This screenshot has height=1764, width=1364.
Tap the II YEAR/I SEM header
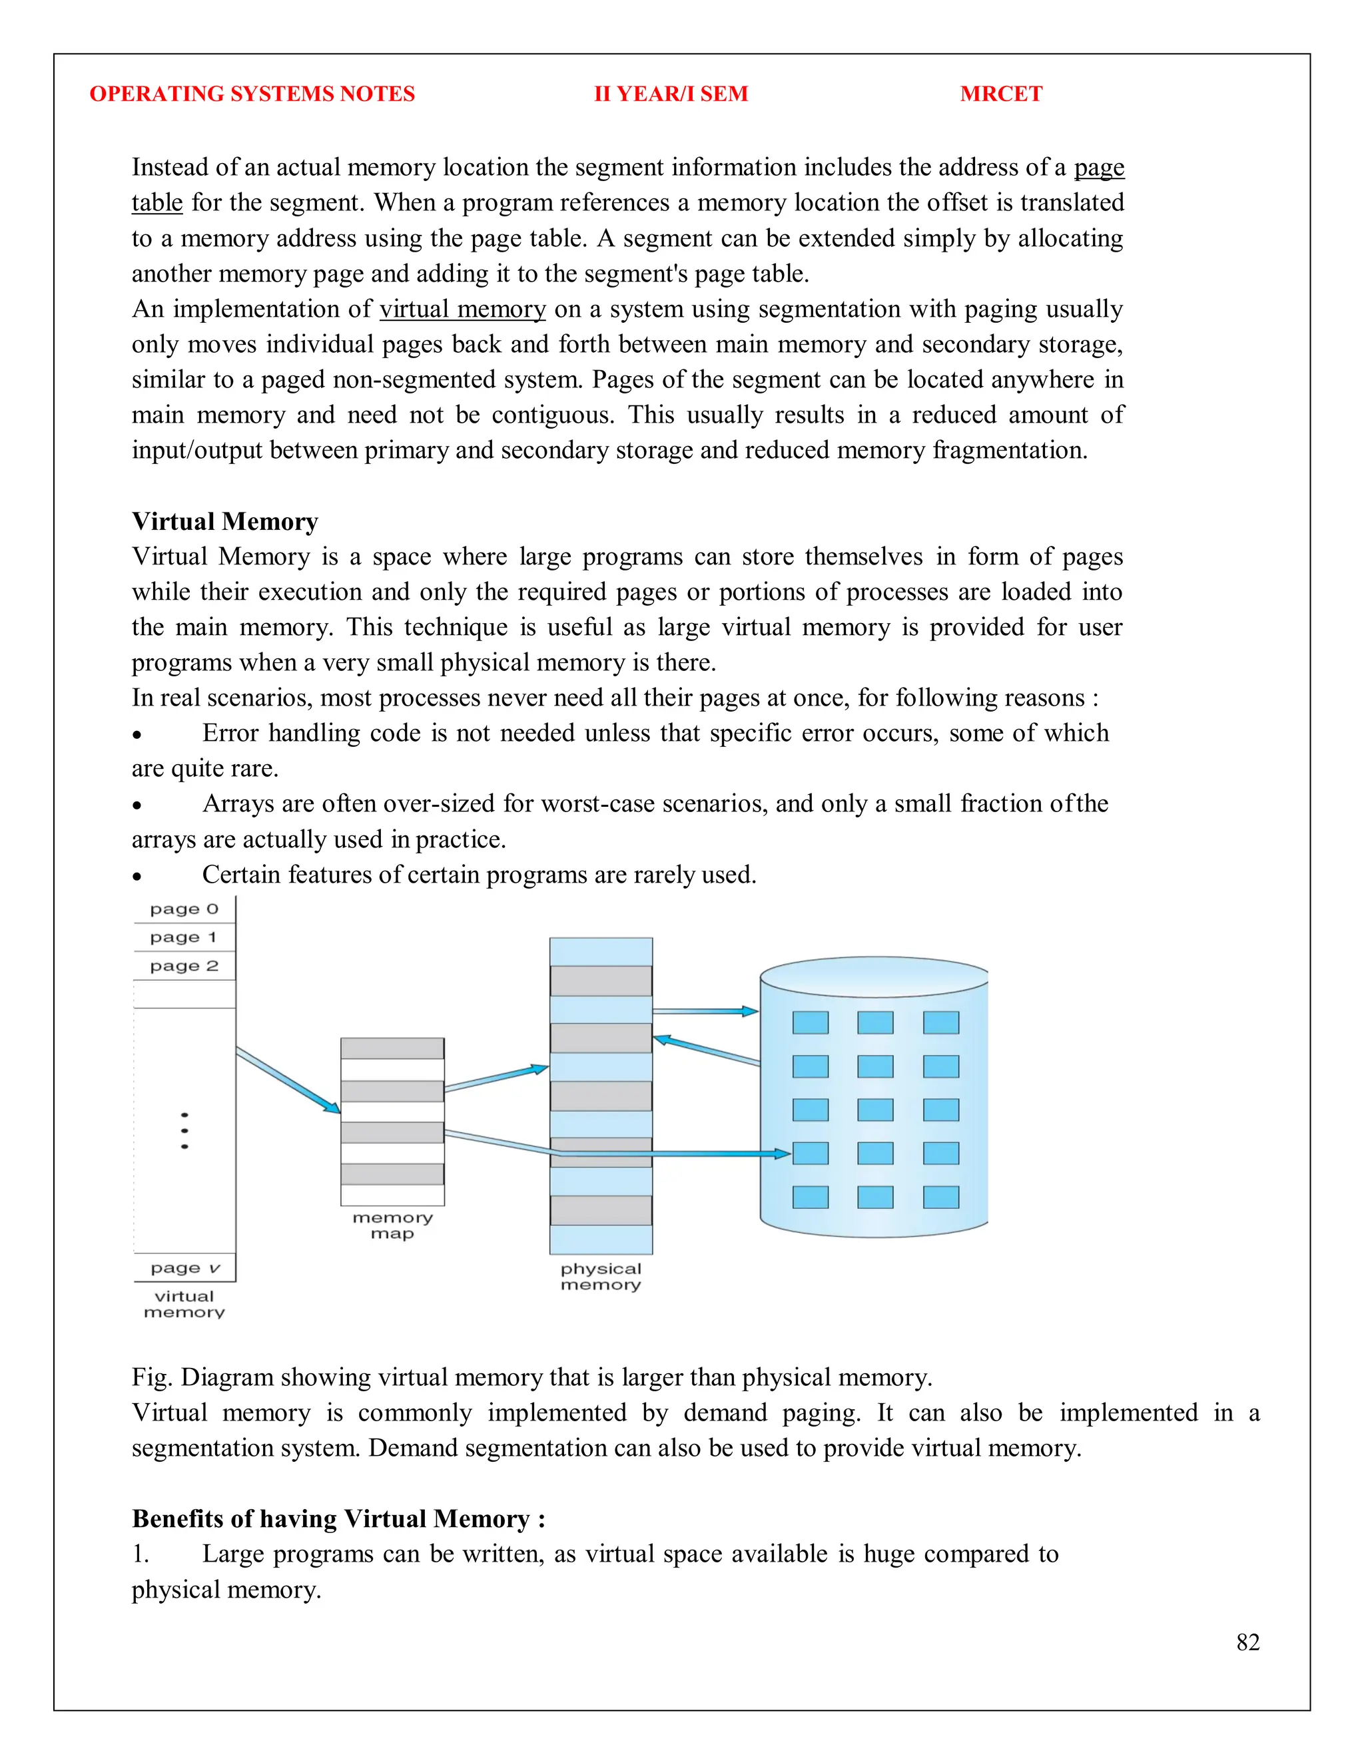671,94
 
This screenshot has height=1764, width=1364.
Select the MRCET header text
1000,94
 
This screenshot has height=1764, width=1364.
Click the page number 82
1247,1642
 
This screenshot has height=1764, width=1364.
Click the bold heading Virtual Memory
224,521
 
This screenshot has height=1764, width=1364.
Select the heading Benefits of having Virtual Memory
338,1518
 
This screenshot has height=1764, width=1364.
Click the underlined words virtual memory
462,309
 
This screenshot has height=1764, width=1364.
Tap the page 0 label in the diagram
184,909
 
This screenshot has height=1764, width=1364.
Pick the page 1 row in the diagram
184,937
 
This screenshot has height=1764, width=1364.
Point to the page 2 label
184,965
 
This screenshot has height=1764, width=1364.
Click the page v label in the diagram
185,1268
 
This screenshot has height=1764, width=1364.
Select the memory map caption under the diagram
393,1225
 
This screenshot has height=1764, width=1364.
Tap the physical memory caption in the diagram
600,1277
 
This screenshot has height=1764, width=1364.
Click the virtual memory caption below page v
184,1305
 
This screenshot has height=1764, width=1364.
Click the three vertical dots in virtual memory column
185,1131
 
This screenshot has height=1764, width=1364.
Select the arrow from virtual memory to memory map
288,1080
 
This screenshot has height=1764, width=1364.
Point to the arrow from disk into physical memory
706,1051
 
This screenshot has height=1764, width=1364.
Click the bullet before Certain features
137,877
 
